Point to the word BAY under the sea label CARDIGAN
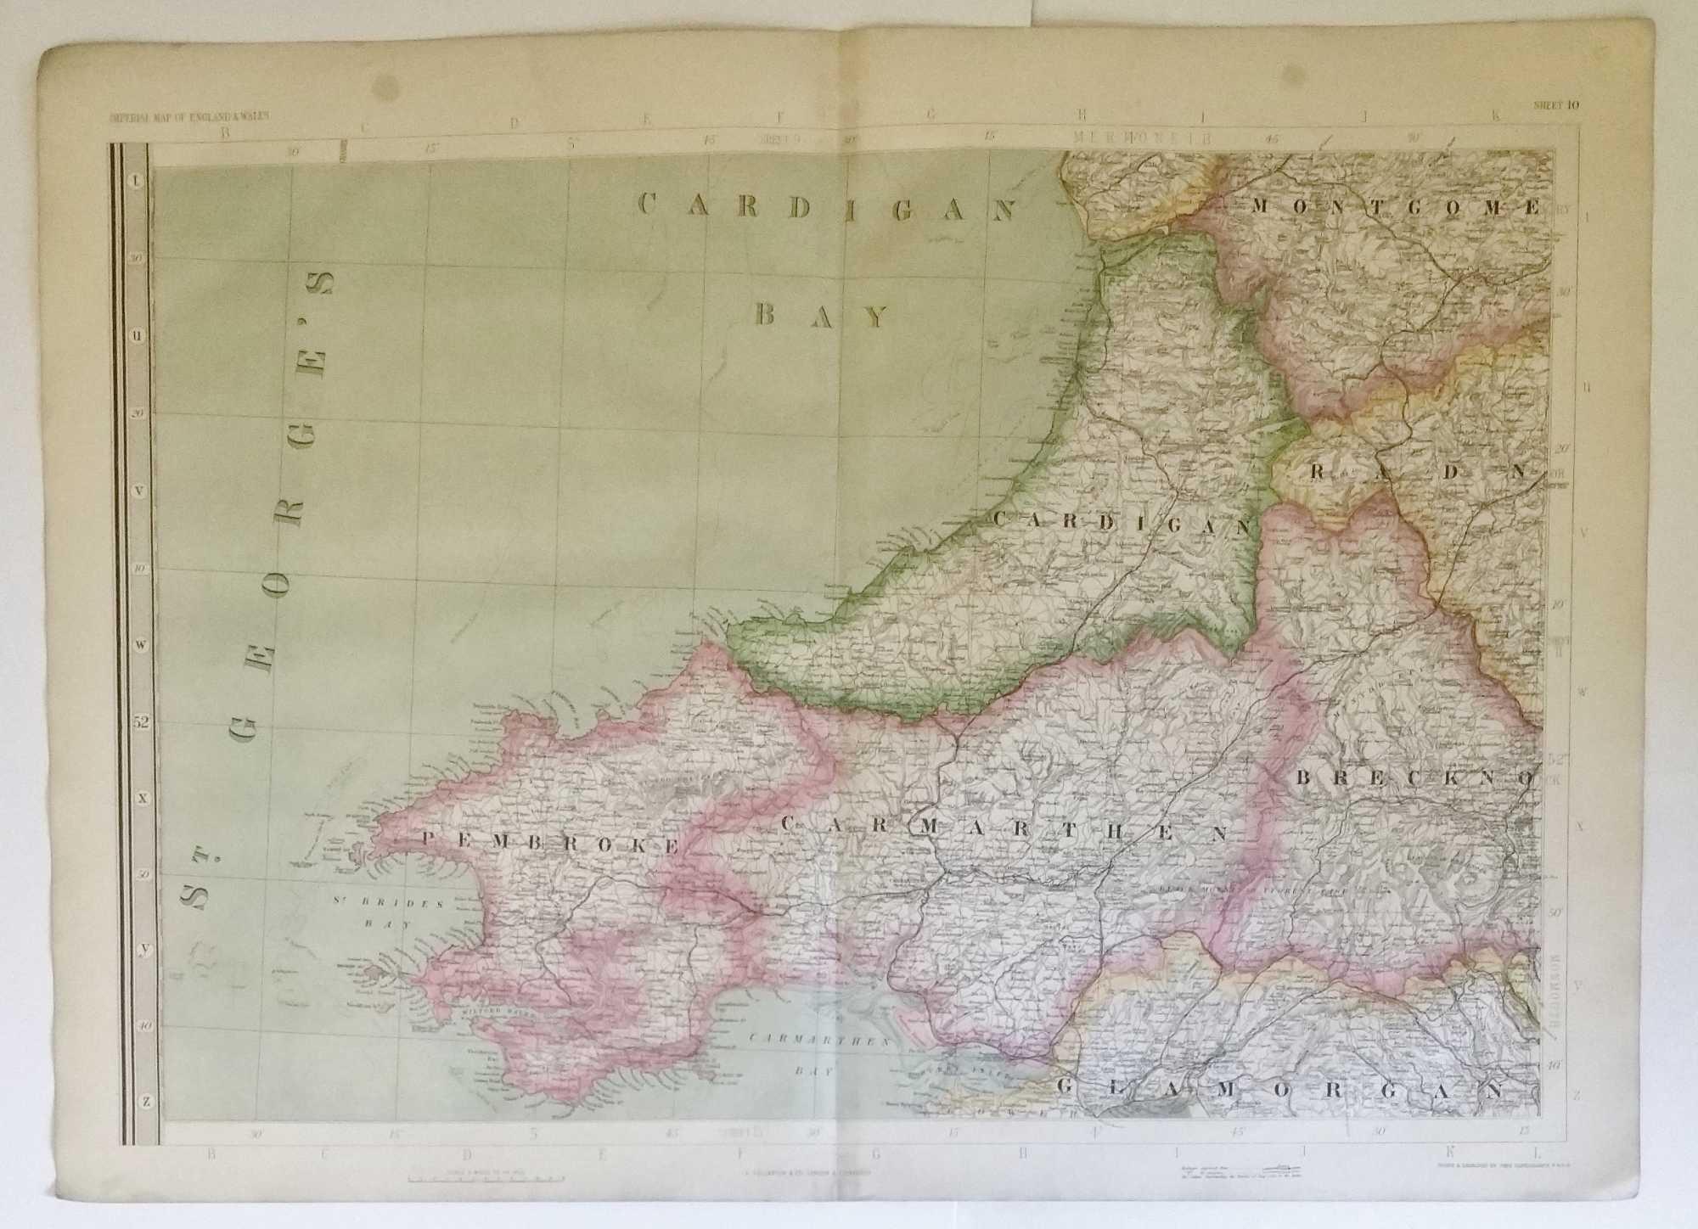click(x=820, y=316)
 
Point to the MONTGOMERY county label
click(x=1392, y=206)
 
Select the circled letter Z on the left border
click(x=147, y=1102)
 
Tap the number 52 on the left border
click(x=140, y=723)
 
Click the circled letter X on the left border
click(x=143, y=798)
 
